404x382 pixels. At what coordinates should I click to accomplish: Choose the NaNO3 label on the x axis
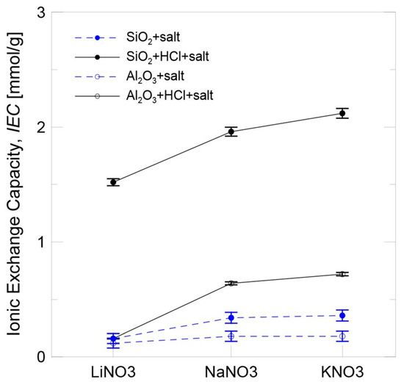click(231, 370)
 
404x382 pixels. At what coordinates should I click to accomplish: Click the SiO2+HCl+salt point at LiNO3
click(113, 182)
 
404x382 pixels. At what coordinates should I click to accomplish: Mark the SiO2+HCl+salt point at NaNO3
click(231, 131)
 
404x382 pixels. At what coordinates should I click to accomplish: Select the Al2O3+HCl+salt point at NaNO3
click(231, 283)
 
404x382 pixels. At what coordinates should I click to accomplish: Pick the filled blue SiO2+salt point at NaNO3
click(231, 317)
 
